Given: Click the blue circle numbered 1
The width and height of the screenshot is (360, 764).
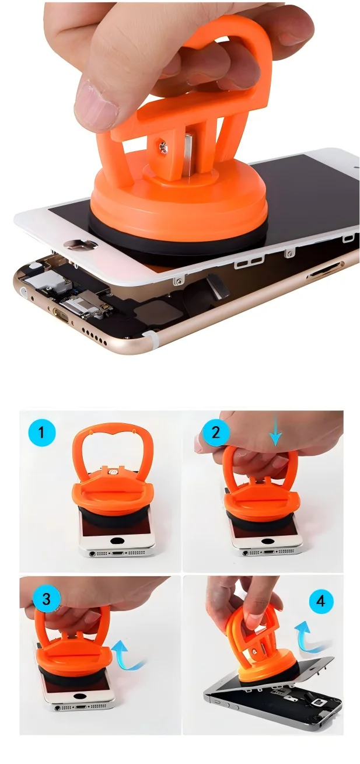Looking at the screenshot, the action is tap(41, 433).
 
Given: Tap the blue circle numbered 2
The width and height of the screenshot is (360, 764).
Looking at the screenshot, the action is tap(216, 432).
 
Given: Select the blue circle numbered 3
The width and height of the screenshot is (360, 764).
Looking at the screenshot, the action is tap(47, 599).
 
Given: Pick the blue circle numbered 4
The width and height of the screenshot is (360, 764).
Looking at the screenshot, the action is tap(321, 601).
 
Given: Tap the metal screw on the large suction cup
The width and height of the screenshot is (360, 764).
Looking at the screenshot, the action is tap(162, 146).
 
